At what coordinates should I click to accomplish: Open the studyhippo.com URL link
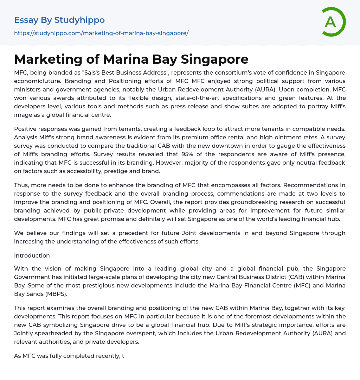(101, 33)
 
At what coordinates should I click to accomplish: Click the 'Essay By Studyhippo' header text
(59, 20)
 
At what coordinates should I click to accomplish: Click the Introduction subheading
(32, 255)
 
